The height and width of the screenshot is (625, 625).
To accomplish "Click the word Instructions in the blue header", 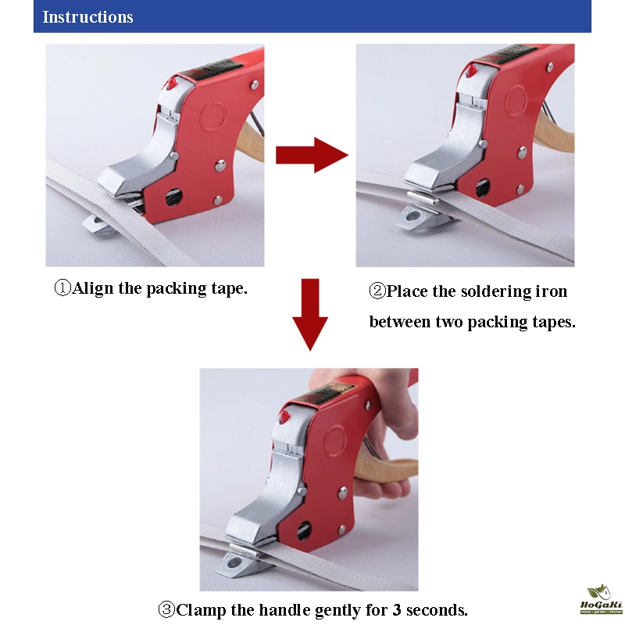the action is click(87, 17).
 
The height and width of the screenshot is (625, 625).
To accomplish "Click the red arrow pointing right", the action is click(312, 155).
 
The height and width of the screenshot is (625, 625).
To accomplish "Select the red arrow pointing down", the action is click(310, 314).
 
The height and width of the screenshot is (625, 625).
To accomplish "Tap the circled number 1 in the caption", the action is click(62, 287).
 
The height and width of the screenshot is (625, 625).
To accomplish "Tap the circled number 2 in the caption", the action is click(377, 291).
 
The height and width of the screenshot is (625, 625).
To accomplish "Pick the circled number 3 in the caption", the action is click(166, 609).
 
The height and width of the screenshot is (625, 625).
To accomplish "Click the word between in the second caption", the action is click(400, 321).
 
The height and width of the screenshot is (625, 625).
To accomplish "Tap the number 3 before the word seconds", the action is click(397, 609).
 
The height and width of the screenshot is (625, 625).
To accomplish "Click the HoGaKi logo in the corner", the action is click(601, 600).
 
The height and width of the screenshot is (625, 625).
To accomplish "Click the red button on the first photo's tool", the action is click(172, 84).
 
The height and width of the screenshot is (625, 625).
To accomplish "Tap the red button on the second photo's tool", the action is click(472, 71).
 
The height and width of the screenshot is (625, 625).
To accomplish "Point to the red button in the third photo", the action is click(284, 416).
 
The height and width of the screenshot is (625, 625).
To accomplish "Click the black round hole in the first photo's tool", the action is click(173, 197).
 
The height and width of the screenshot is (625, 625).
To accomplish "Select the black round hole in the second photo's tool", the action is click(483, 188).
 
